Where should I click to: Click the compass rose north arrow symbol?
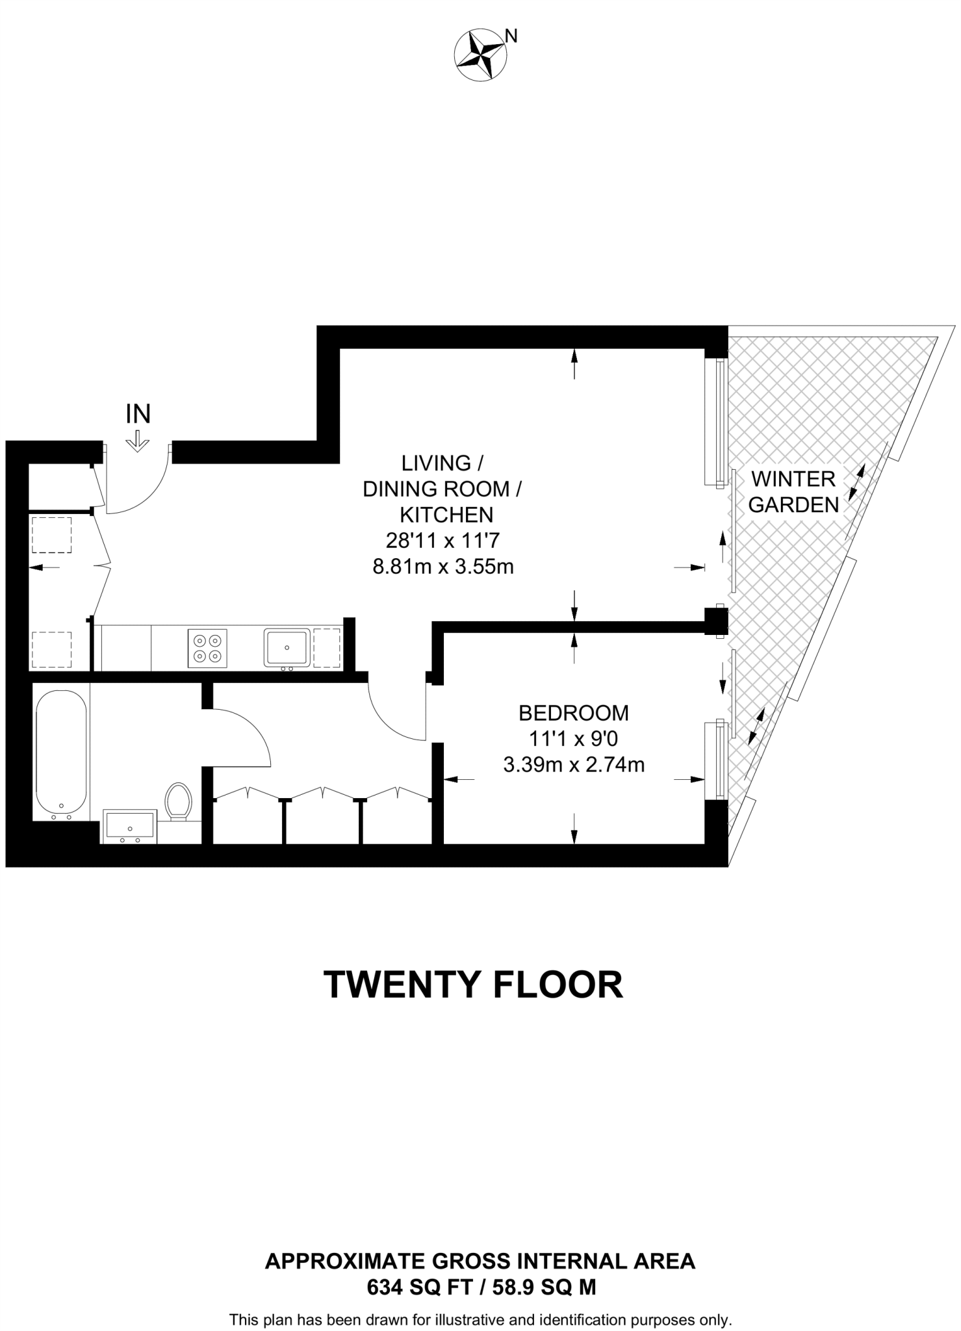coord(480,57)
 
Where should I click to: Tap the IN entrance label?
coord(138,414)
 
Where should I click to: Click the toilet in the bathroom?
coord(178,801)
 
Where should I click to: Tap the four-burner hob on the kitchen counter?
coord(208,648)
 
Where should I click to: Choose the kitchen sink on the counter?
coord(287,647)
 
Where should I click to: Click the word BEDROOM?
coord(573,713)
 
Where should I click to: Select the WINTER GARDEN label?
coord(793,492)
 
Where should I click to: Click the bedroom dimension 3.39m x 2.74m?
coord(573,765)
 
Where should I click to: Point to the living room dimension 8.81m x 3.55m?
coord(442,567)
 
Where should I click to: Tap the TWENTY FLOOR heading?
coord(473,985)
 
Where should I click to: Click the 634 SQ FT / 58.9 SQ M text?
coord(481,1287)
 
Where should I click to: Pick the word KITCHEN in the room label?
coord(446,515)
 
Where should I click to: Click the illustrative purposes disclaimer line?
coord(481,1320)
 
